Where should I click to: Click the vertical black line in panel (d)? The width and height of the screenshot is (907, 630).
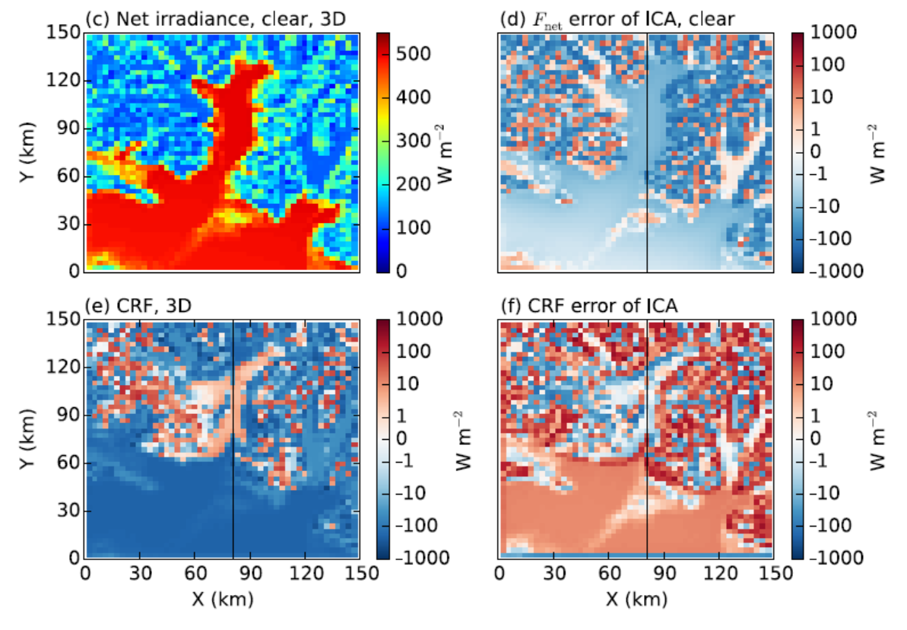tap(646, 152)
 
